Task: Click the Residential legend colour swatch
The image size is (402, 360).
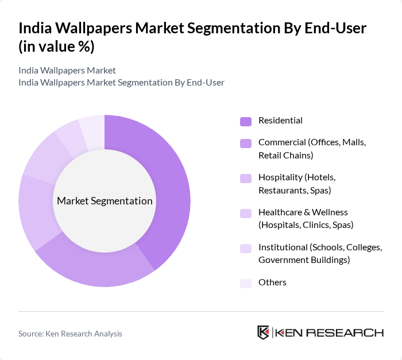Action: click(246, 121)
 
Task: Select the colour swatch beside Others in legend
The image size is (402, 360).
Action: click(246, 283)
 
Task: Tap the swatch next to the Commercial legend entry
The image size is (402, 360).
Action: click(246, 142)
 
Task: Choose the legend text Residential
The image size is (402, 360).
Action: click(280, 121)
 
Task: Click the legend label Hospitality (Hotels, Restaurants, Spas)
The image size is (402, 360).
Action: click(297, 183)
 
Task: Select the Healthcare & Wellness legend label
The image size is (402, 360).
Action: click(306, 218)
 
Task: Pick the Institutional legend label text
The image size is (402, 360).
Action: click(320, 254)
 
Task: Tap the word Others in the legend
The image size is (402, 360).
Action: click(272, 282)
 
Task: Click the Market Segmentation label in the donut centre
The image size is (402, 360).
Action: click(105, 201)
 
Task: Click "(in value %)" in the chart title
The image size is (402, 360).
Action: click(56, 47)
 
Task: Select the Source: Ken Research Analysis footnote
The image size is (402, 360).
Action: click(70, 334)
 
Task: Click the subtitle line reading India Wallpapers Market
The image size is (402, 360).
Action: click(67, 70)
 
